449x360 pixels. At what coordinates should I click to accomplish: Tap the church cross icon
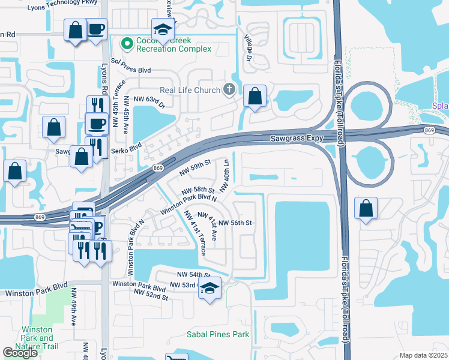(229, 90)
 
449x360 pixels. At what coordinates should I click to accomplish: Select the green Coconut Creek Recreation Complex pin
(127, 43)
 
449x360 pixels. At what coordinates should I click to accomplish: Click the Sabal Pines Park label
(217, 334)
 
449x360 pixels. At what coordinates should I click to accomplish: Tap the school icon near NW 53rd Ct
(209, 288)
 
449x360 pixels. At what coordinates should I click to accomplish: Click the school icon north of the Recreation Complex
(161, 28)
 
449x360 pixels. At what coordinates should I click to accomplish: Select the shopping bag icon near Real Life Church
(255, 96)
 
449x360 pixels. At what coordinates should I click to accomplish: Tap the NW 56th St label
(234, 223)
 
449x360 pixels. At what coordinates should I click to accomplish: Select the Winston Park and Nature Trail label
(41, 338)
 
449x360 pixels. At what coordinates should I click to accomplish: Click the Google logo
(20, 353)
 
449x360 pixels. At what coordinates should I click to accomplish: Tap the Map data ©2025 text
(423, 355)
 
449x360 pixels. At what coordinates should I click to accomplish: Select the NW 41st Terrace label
(195, 233)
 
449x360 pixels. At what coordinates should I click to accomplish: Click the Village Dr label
(247, 47)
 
